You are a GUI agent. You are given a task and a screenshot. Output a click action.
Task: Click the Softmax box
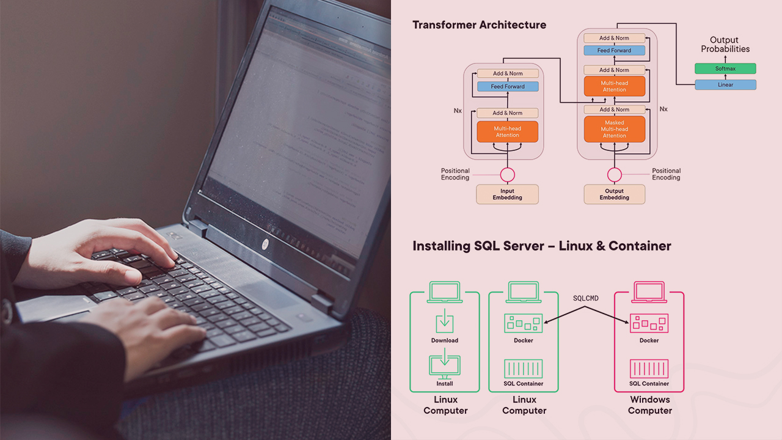[x=725, y=68]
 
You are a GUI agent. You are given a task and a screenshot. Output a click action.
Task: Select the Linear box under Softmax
[x=725, y=85]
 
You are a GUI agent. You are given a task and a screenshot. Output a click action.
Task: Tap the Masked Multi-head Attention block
[x=614, y=129]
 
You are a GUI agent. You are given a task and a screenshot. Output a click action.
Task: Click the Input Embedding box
[x=507, y=194]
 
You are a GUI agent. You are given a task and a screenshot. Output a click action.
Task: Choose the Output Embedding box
[x=614, y=194]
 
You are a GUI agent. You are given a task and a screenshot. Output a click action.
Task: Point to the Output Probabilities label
[x=725, y=45]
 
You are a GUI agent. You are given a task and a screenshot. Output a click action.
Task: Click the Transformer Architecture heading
[x=479, y=25]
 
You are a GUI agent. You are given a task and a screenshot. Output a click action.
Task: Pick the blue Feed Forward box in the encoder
[x=507, y=87]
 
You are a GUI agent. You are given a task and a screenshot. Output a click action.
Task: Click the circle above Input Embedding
[x=507, y=175]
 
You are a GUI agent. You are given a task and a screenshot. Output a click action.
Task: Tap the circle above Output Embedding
[x=614, y=175]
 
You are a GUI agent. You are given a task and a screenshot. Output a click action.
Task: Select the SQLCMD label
[x=585, y=298]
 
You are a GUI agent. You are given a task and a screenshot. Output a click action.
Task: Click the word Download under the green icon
[x=444, y=340]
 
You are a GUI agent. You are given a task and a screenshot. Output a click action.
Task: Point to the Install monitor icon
[x=445, y=365]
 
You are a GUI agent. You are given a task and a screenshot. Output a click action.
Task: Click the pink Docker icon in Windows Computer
[x=649, y=323]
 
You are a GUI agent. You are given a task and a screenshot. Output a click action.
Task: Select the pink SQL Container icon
[x=649, y=369]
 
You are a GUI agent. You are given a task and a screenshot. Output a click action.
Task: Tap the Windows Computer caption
[x=649, y=405]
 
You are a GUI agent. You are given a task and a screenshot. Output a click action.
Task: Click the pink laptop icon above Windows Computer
[x=649, y=291]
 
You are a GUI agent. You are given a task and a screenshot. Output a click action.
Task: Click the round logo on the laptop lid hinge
[x=265, y=244]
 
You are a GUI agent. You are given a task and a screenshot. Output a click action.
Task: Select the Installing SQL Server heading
[x=541, y=246]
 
